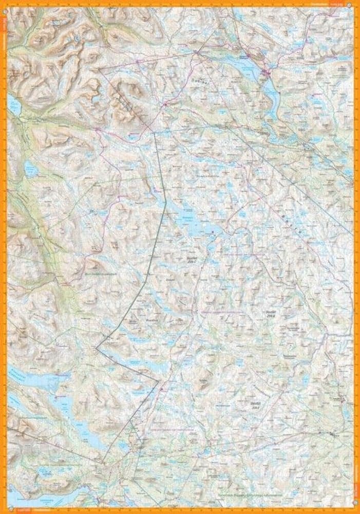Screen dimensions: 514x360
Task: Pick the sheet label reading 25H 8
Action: point(267,313)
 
